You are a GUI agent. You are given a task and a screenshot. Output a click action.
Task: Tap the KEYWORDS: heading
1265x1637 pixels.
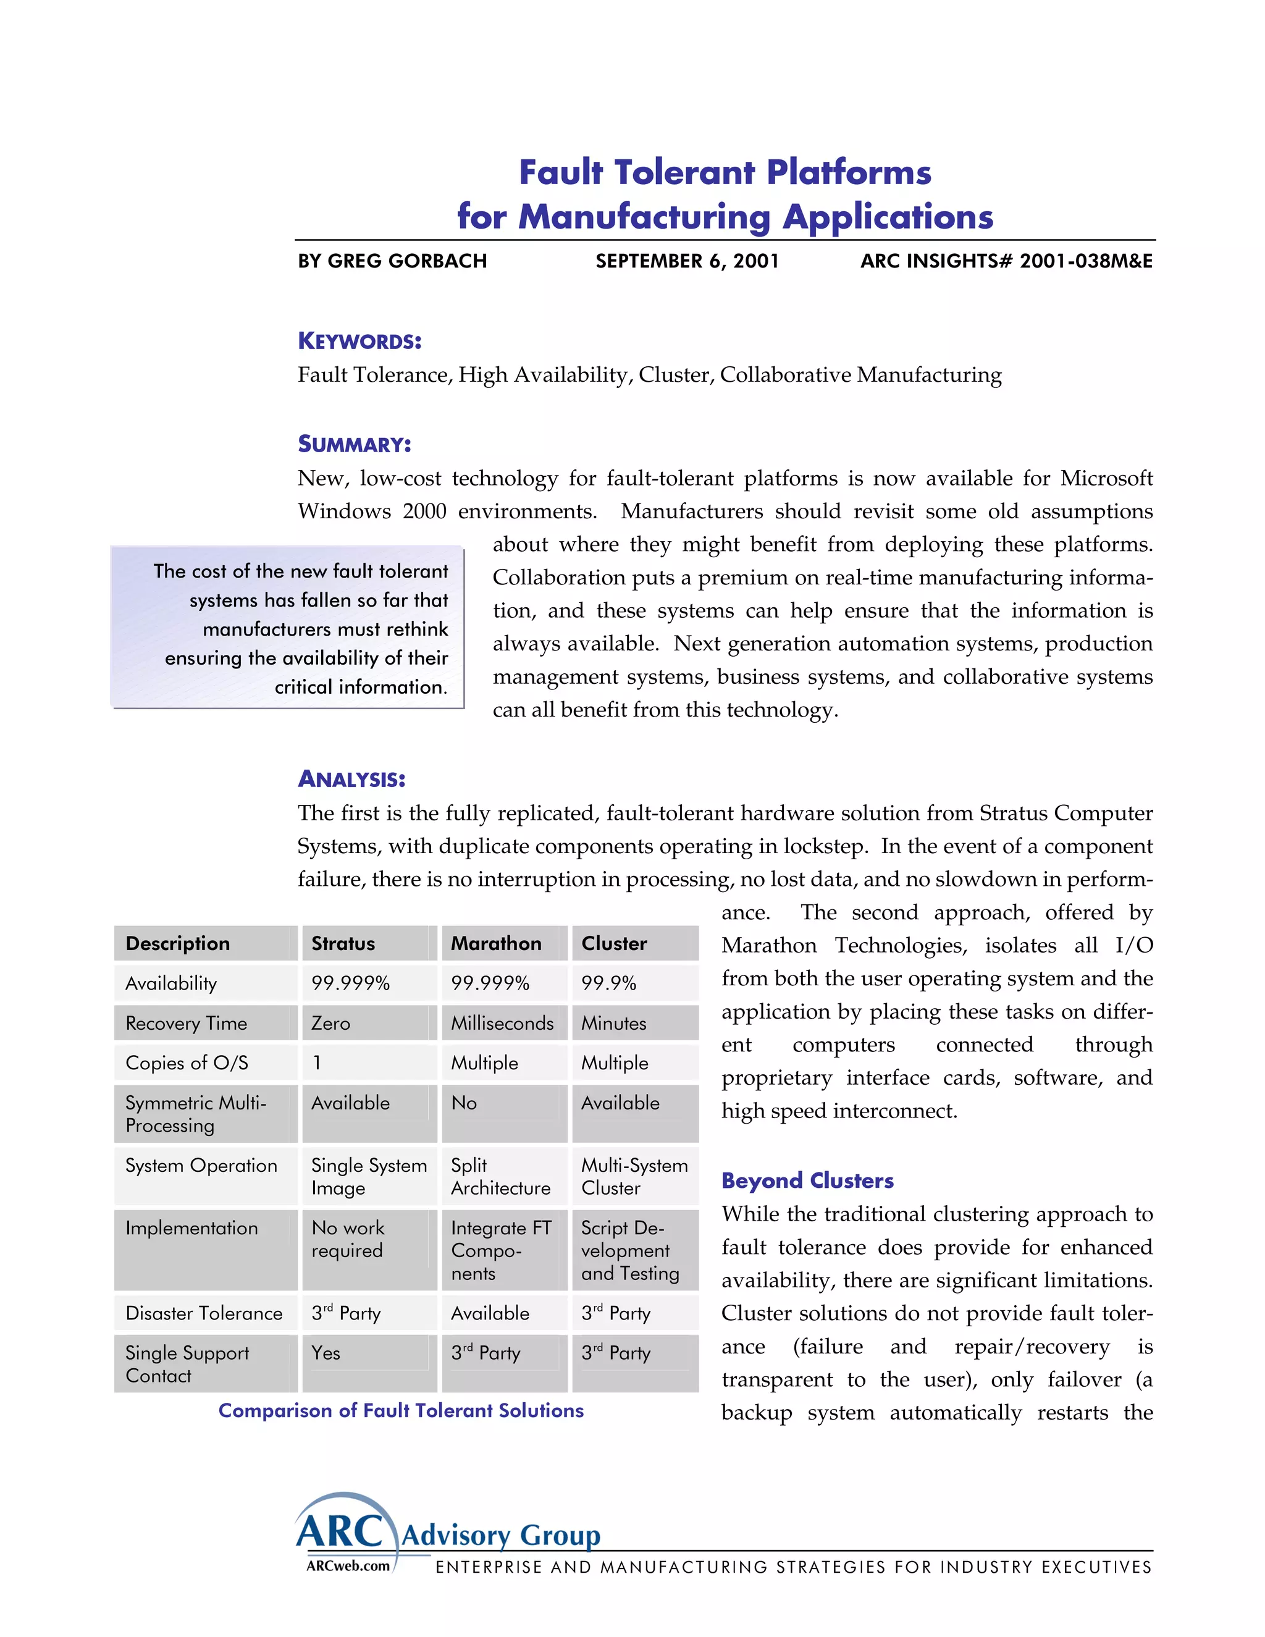[x=359, y=341]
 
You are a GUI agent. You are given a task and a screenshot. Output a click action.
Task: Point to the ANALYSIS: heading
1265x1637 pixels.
[x=351, y=779]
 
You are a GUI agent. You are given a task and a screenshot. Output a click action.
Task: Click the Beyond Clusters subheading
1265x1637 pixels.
[x=807, y=1180]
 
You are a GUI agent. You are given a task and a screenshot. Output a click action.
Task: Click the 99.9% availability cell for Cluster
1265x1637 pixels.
[x=608, y=983]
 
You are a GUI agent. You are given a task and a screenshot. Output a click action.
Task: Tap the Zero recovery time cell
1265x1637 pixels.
[x=330, y=1023]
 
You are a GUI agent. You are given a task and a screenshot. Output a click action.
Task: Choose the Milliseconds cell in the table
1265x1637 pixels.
[x=502, y=1023]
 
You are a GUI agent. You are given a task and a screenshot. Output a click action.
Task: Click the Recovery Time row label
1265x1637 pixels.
[x=186, y=1023]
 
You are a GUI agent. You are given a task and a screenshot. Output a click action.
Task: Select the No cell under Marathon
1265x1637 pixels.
[x=464, y=1103]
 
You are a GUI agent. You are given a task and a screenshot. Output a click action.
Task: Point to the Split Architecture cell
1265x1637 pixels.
[x=500, y=1176]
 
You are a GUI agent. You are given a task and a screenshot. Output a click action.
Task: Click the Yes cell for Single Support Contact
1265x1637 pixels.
[x=326, y=1353]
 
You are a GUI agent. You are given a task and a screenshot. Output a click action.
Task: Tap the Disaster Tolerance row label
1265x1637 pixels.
[x=204, y=1313]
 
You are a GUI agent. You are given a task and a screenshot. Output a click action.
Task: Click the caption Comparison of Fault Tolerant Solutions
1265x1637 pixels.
[x=401, y=1411]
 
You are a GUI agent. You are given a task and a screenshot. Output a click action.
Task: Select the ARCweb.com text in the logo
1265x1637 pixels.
[x=348, y=1566]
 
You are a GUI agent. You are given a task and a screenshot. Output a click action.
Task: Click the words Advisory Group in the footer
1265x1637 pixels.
[x=500, y=1535]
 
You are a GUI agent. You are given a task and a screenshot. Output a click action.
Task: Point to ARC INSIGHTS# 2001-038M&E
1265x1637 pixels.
[x=1006, y=261]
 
